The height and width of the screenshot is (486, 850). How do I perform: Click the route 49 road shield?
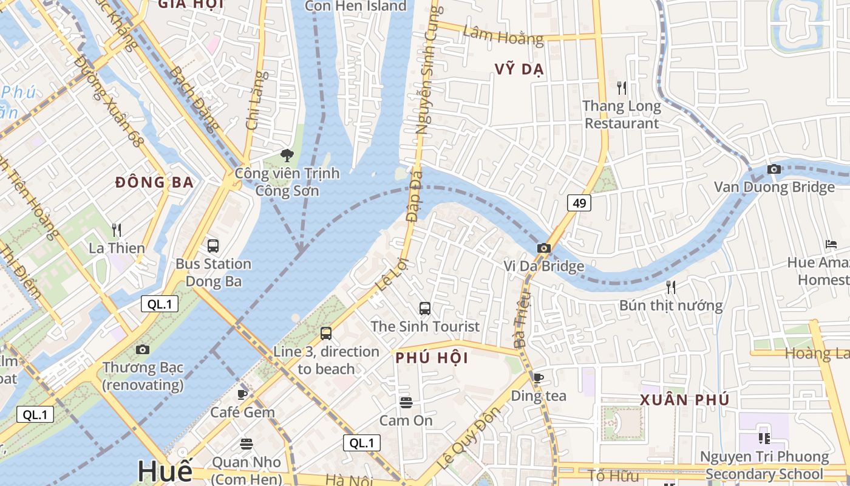579,203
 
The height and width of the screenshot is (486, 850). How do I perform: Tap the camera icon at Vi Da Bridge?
544,248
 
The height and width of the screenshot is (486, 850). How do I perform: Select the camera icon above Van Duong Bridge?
773,169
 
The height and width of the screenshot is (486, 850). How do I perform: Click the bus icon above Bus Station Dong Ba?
212,245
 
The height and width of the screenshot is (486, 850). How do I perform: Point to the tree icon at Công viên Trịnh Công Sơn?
287,156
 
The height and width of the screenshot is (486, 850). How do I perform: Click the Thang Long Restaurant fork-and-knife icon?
621,88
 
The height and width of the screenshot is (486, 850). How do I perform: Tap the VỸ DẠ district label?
518,69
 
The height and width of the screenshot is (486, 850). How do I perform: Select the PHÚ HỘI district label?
432,358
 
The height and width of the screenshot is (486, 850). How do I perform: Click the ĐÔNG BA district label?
154,182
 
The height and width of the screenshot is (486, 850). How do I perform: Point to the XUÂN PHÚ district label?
684,400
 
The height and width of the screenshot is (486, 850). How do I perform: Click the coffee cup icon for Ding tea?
538,378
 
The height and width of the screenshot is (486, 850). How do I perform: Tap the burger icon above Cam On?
406,402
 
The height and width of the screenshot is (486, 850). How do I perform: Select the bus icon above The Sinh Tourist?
425,308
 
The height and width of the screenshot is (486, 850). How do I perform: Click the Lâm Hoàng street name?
503,35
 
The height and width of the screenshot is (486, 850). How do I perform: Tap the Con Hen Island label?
355,6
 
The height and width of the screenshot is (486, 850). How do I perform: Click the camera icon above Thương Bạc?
143,349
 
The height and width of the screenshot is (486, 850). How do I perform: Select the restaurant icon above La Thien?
117,230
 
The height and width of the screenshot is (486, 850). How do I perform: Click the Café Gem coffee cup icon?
242,394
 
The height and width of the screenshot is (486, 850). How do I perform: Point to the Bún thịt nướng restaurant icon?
670,287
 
